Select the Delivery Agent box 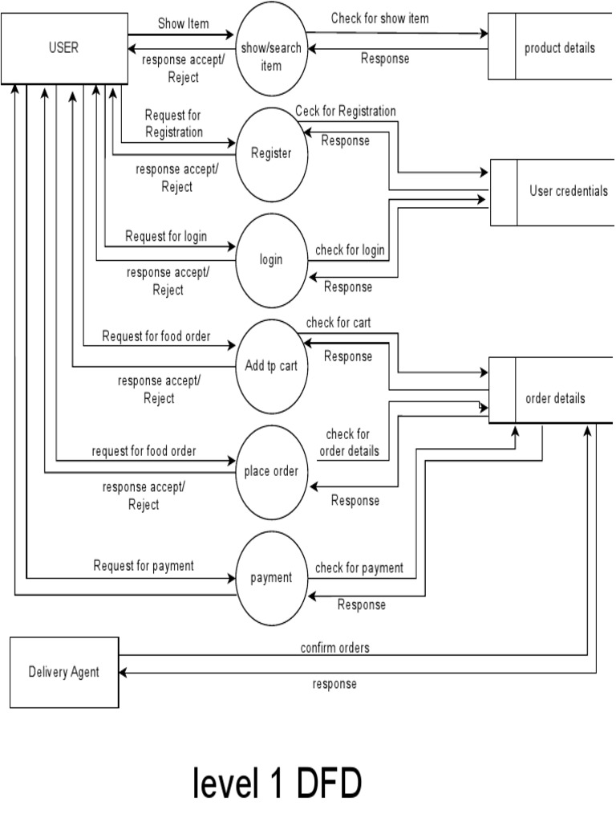(63, 672)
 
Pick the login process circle (271, 259)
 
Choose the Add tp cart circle (271, 366)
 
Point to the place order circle (271, 471)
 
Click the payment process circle (271, 577)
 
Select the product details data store (559, 48)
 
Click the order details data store (554, 398)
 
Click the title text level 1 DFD (276, 783)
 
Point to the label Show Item (182, 23)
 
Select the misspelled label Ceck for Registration (345, 111)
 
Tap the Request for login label (166, 236)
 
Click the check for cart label (338, 323)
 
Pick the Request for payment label (144, 565)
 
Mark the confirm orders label (335, 648)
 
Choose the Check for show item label (379, 18)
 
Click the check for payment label (359, 568)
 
